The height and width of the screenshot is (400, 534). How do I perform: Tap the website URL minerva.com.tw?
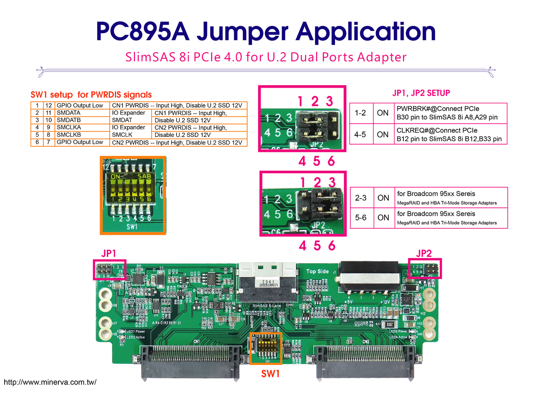[50, 382]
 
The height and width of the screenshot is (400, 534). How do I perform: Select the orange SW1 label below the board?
[270, 374]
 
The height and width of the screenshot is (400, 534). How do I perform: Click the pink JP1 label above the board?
[108, 253]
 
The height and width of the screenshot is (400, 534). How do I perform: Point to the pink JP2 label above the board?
[423, 253]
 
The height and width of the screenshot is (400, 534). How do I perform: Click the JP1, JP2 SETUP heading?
[421, 93]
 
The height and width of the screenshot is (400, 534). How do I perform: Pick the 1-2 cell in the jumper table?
[360, 113]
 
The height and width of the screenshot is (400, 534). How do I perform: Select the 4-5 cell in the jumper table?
[360, 135]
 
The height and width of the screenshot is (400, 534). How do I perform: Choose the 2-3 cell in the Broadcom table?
[360, 198]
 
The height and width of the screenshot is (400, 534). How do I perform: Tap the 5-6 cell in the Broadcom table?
[360, 217]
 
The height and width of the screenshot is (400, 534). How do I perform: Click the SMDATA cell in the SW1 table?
[69, 113]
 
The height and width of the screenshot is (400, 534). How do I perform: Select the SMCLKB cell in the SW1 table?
[69, 135]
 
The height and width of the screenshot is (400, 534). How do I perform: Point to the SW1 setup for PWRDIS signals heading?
[91, 95]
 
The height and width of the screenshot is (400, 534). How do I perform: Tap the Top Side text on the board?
[317, 271]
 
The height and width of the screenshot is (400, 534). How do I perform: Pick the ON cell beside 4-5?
[383, 135]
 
